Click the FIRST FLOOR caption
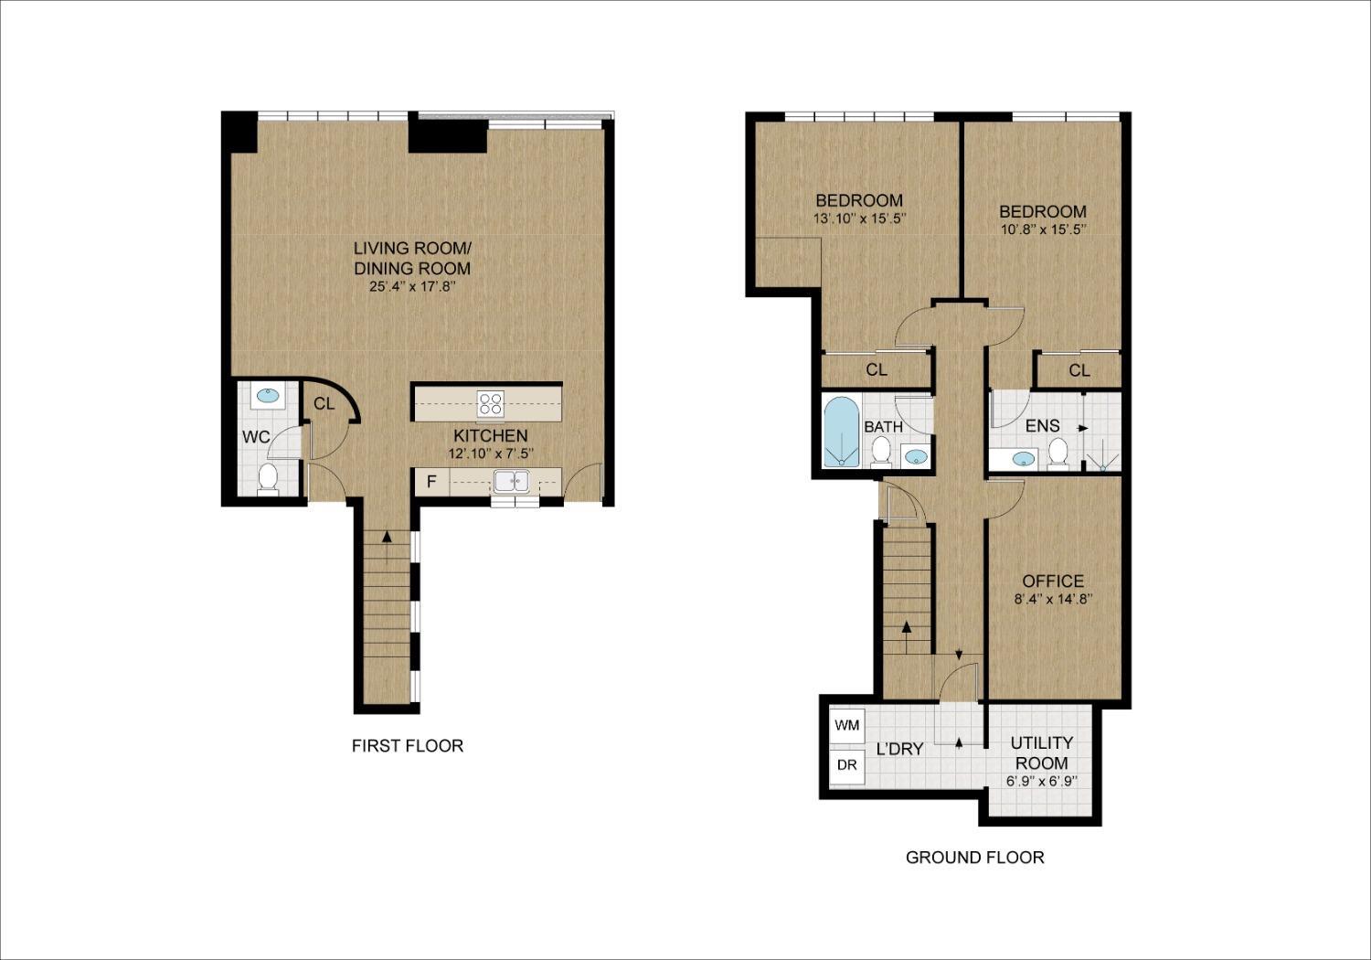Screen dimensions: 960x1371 coord(408,746)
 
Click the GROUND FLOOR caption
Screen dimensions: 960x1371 coord(974,858)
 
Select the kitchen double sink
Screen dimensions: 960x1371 coord(513,481)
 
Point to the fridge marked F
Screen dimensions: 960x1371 coord(431,482)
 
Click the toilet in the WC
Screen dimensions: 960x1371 coord(268,477)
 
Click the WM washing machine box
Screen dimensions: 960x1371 coord(847,726)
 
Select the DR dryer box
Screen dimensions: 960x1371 coord(847,765)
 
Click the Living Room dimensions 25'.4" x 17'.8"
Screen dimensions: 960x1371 coord(412,287)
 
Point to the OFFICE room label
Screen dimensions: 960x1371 coord(1053,581)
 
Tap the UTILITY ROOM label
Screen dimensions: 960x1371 coord(1042,752)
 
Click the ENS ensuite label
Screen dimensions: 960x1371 coord(1042,426)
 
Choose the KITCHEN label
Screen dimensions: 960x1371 coord(491,436)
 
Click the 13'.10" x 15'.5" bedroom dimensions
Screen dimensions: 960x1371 coord(859,219)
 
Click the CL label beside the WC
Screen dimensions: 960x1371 coord(324,404)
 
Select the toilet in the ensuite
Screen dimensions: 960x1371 coord(1058,452)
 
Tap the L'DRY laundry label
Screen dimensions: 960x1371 coord(899,749)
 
